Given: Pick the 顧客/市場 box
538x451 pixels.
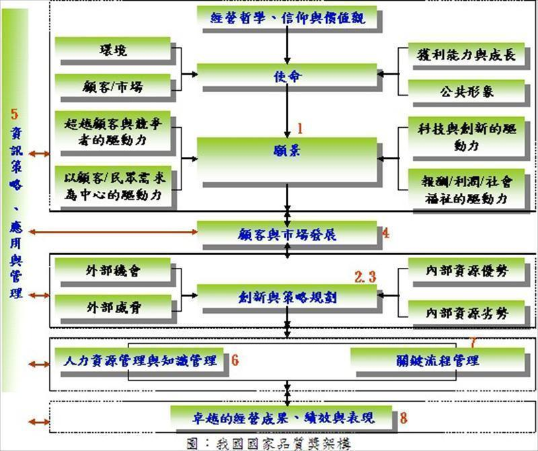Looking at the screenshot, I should click(113, 87).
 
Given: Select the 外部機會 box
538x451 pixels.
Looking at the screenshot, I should click(113, 271).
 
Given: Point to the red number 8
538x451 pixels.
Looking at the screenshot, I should click(403, 418).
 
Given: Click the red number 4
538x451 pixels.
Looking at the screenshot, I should click(385, 234).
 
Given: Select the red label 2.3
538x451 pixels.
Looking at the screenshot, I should click(366, 277).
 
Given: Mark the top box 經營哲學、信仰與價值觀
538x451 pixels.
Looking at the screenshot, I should click(288, 18).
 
